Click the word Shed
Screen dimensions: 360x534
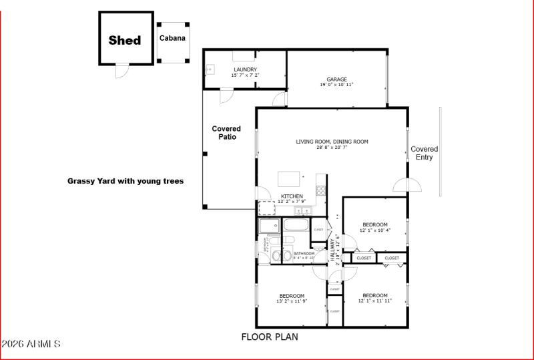125,40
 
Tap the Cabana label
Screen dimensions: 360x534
172,38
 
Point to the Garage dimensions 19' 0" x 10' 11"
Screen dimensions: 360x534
336,85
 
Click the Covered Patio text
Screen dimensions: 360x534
226,132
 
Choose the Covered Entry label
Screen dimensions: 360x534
425,153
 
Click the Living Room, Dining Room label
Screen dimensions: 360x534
332,144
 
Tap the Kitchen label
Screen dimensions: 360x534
292,198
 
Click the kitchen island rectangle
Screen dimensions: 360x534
289,178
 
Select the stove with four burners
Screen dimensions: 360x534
320,190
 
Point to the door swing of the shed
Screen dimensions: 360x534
120,71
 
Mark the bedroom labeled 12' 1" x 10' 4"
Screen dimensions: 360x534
375,227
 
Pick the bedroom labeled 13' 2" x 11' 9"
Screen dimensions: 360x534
292,298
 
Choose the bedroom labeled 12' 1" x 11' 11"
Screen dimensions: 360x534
375,298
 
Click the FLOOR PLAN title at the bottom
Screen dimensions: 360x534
270,337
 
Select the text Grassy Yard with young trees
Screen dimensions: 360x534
125,181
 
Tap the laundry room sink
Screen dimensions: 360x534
210,69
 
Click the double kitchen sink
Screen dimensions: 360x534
302,211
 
